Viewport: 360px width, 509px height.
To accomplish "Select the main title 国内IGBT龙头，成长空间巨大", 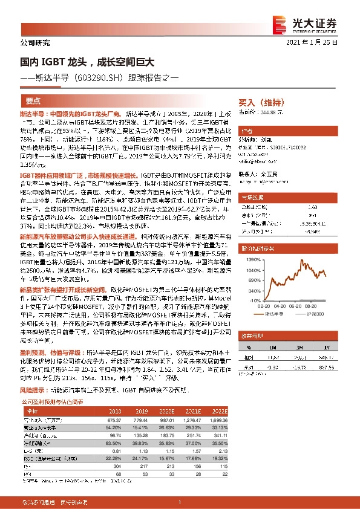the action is [x=86, y=62].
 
